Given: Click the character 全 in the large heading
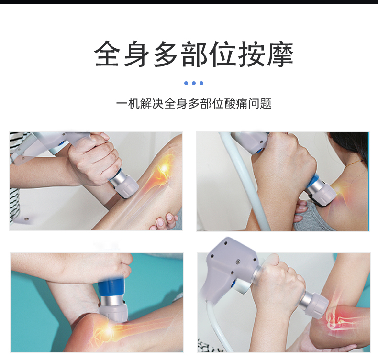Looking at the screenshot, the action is coord(107,54).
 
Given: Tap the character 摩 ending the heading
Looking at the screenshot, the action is coord(280,54).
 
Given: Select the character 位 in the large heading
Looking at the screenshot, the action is coord(222,54).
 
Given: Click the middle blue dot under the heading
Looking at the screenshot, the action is coord(194,83).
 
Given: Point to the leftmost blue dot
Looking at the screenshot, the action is coord(186,83).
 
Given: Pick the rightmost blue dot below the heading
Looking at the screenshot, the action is coord(201,83).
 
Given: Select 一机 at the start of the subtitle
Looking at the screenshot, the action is coord(128,104).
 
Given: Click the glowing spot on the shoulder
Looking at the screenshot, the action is coord(339,190).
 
